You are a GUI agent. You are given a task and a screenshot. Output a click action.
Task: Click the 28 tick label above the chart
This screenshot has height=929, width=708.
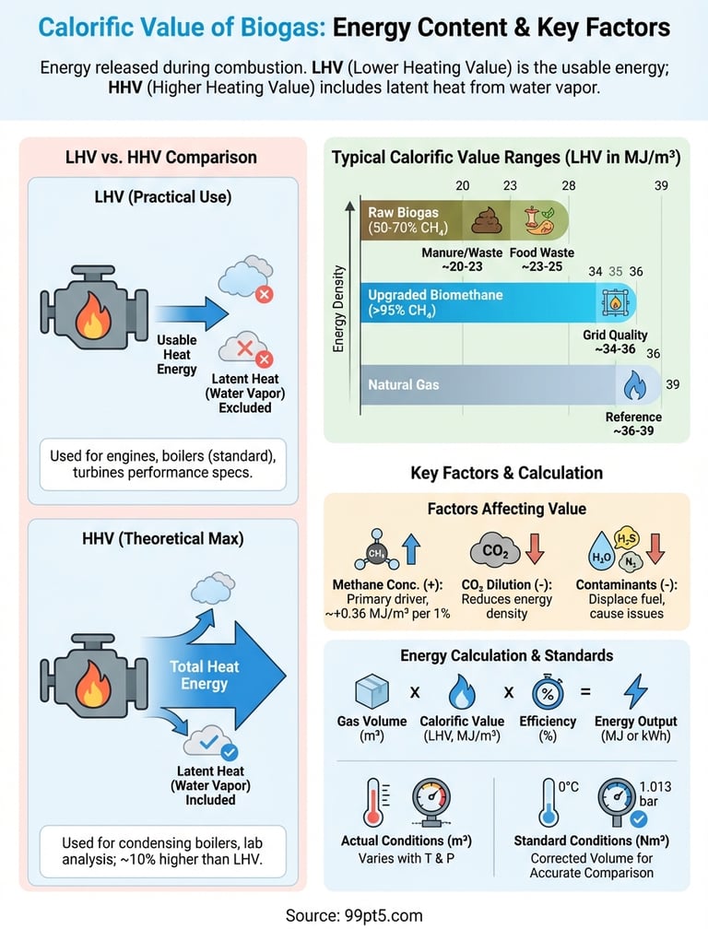tap(568, 185)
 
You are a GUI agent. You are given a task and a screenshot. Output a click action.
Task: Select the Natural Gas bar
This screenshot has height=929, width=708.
tap(510, 384)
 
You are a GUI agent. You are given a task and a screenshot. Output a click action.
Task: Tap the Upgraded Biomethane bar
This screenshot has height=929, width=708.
tap(498, 302)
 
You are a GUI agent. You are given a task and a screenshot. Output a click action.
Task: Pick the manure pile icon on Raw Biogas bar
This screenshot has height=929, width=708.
tap(487, 219)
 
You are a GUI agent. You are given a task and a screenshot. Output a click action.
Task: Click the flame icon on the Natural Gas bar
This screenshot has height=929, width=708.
tap(634, 385)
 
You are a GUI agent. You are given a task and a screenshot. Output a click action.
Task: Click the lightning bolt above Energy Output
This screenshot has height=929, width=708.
tap(635, 691)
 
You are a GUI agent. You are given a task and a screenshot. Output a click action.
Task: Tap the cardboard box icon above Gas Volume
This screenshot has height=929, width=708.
tap(372, 691)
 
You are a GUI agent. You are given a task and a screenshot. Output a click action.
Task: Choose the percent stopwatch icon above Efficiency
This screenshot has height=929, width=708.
tap(548, 691)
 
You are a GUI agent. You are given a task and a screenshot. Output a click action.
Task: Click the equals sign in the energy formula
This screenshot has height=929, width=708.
tap(585, 691)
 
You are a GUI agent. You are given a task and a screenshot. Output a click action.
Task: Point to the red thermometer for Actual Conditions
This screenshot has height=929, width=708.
tap(373, 802)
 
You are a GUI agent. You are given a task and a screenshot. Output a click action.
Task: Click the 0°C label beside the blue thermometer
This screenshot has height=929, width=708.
tap(568, 786)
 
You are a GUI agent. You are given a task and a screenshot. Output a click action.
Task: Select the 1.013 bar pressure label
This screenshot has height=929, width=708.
tap(655, 794)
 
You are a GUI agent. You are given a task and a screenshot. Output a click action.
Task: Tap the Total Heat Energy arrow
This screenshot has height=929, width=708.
tap(213, 675)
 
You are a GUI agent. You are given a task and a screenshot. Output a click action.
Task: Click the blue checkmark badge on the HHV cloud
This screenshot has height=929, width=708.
tap(229, 752)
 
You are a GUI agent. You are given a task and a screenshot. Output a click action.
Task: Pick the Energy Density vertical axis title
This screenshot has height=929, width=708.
tap(338, 309)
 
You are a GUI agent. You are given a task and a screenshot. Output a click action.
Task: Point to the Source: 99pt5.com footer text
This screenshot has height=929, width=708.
tap(354, 915)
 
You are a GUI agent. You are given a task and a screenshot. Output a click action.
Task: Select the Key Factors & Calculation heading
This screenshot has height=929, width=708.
tap(506, 473)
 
